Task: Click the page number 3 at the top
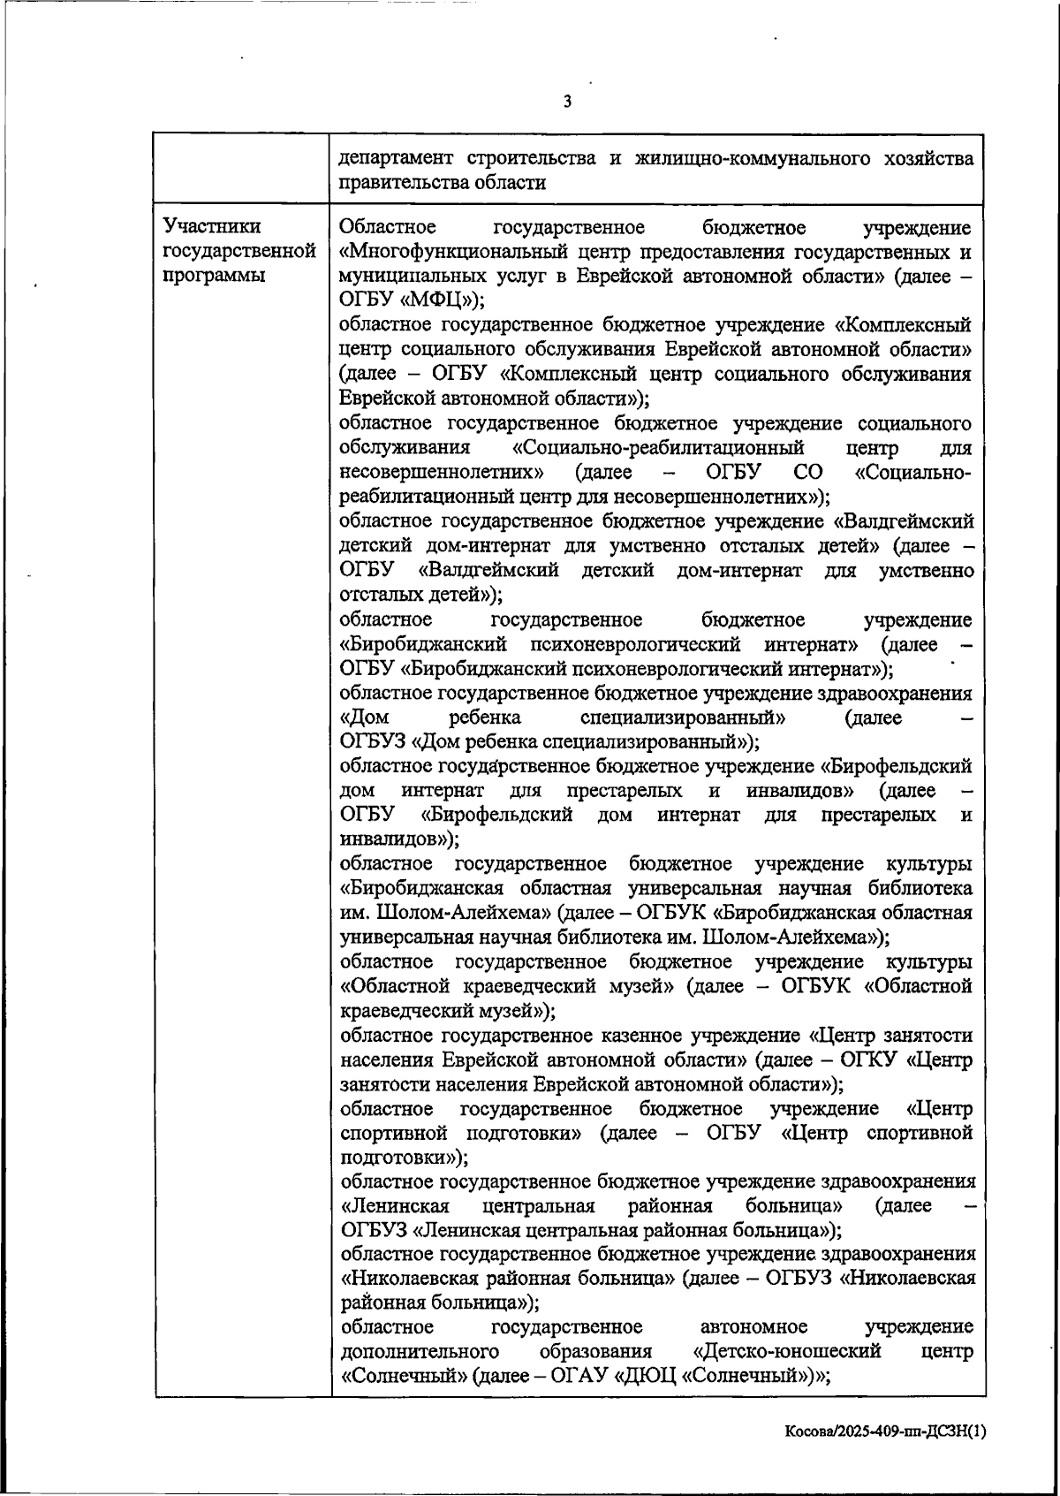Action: point(567,103)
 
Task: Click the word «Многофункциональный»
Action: point(447,252)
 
